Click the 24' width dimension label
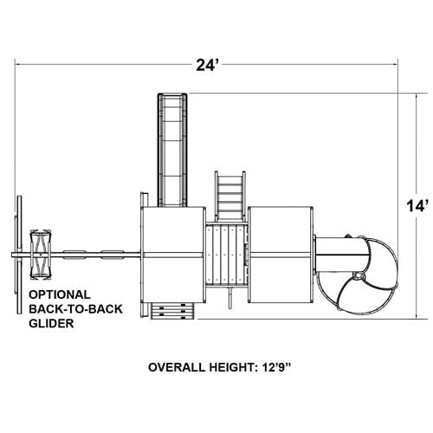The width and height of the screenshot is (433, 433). (205, 65)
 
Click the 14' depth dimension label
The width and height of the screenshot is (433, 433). (416, 207)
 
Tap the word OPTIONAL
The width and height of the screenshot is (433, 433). (60, 294)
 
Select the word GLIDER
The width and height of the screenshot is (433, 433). (51, 323)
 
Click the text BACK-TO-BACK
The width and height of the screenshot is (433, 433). (75, 309)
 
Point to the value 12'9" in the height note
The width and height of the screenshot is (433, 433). (276, 367)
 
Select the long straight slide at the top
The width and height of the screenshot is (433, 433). (172, 150)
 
